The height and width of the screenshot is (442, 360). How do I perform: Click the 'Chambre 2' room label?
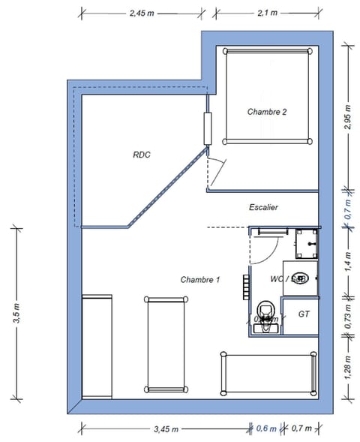267,112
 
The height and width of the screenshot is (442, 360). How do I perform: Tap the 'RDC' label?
142,155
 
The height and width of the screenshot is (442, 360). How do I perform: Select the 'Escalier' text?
264,207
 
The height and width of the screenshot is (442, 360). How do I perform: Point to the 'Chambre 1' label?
199,280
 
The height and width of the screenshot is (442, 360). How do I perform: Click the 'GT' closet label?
304,314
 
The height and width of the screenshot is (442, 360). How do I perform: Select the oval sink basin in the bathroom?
298,278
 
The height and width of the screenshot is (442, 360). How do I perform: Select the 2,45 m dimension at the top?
141,13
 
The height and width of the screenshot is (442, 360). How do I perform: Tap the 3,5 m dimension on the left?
16,312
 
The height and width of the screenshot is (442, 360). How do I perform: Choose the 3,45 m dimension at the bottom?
166,429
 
